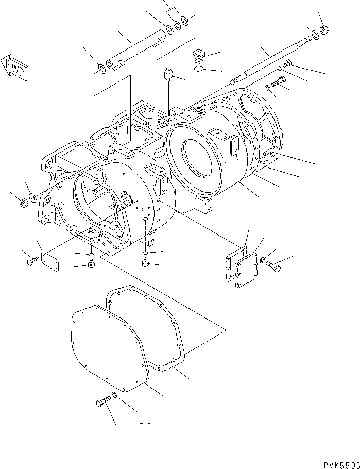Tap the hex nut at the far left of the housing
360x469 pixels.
(x=23, y=203)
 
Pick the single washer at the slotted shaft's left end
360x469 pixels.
(x=101, y=68)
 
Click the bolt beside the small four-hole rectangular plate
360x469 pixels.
(x=31, y=261)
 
